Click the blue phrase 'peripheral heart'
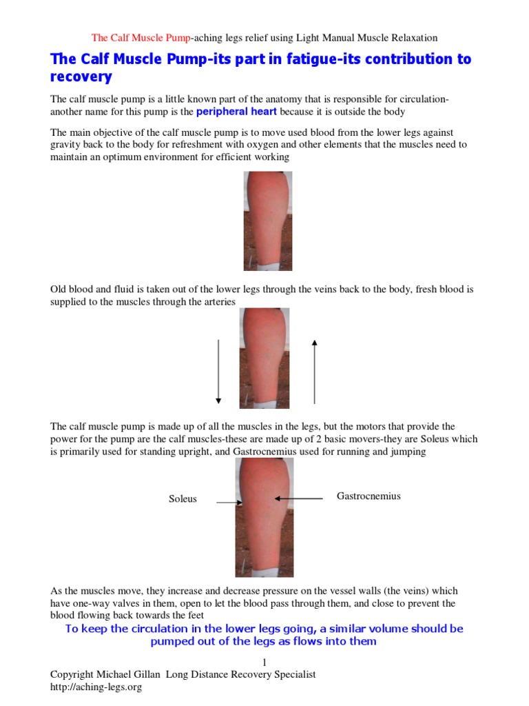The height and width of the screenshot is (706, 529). [x=238, y=111]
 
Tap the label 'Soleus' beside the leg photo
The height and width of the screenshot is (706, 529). [x=183, y=498]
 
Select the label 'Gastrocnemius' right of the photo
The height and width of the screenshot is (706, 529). [x=369, y=496]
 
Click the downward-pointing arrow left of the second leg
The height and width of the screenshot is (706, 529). [x=218, y=370]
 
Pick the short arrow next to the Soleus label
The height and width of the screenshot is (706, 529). [x=228, y=503]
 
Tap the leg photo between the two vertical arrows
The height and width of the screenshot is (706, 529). [x=264, y=358]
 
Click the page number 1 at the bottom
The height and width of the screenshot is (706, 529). [x=264, y=662]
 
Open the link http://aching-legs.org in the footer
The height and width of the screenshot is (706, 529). [x=96, y=687]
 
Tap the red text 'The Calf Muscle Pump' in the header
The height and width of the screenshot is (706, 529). [x=141, y=37]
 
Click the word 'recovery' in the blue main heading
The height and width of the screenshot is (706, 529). [x=81, y=77]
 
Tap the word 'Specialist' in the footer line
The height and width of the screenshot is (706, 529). [x=292, y=674]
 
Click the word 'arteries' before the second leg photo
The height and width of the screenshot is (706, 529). [x=217, y=302]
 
